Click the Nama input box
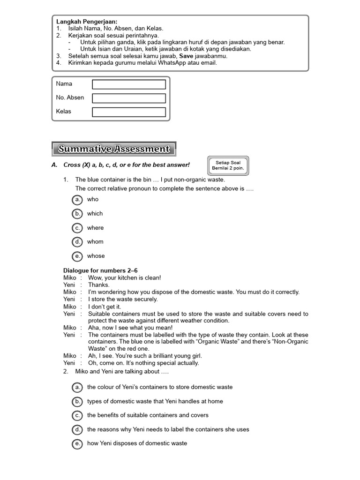129,84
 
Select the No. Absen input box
129,98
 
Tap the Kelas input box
129,112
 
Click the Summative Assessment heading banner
113,149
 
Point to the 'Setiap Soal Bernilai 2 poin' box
228,165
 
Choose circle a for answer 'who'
77,200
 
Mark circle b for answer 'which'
77,214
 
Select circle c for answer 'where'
77,228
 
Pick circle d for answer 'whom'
77,242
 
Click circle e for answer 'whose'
77,256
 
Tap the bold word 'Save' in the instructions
186,55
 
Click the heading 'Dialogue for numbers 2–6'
100,270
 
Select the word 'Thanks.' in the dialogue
98,285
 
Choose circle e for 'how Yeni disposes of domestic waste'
77,443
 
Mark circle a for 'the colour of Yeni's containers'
77,387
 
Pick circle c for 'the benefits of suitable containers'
77,415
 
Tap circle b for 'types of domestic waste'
77,401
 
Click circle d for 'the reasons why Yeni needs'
77,429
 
